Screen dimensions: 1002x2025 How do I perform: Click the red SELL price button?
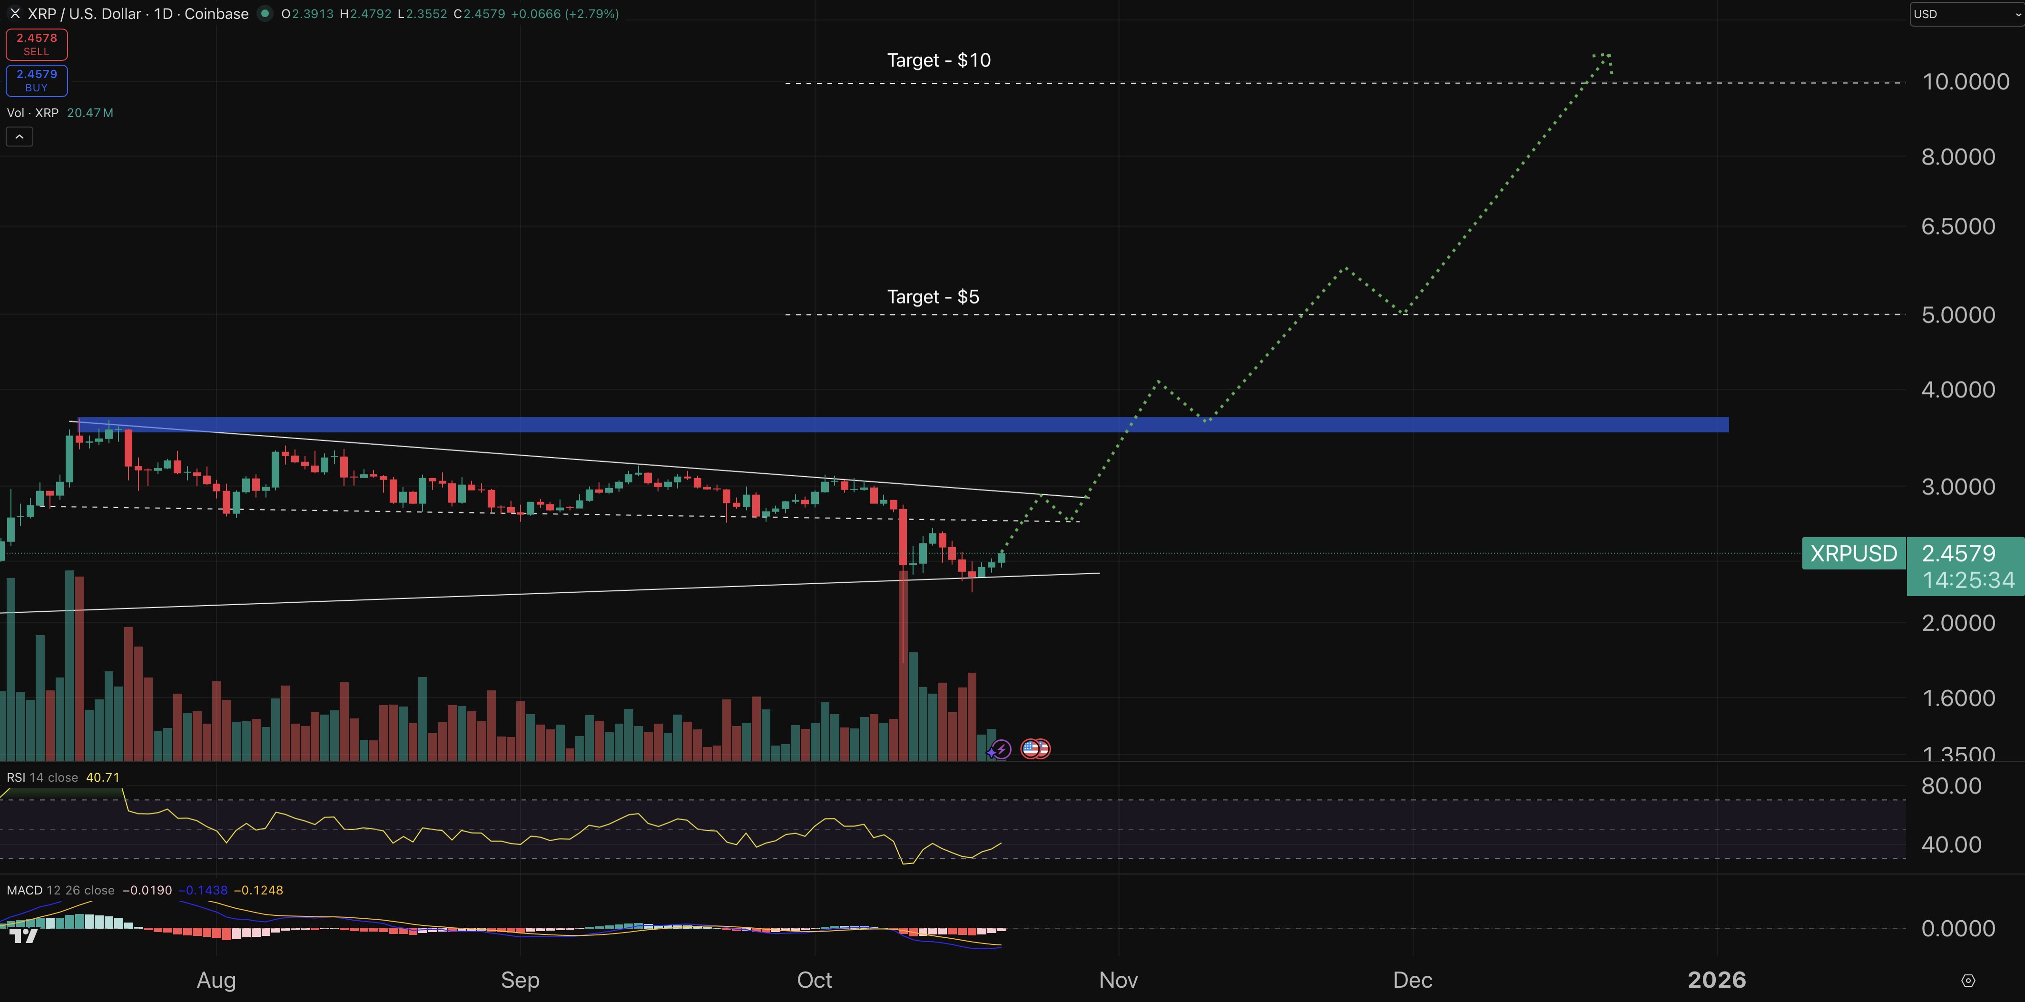(36, 44)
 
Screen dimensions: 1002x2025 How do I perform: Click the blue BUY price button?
(36, 80)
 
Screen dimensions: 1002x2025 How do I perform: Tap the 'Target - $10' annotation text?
(939, 60)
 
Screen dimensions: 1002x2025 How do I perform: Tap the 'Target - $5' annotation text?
(933, 297)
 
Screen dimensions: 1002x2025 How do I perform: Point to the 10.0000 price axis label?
(1965, 82)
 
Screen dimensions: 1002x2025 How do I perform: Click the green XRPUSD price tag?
(1853, 553)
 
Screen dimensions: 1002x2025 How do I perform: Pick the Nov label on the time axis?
(1118, 980)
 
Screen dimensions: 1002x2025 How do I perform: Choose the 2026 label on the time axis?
(1717, 980)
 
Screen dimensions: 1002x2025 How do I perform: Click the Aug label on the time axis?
(216, 980)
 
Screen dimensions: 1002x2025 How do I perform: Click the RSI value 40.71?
(103, 777)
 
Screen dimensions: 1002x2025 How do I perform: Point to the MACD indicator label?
(24, 890)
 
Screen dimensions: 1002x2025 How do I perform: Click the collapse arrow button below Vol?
(20, 137)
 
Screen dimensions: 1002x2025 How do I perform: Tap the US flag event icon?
(1032, 749)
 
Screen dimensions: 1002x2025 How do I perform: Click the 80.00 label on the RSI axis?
(1951, 786)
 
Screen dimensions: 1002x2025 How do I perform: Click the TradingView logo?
(24, 935)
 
